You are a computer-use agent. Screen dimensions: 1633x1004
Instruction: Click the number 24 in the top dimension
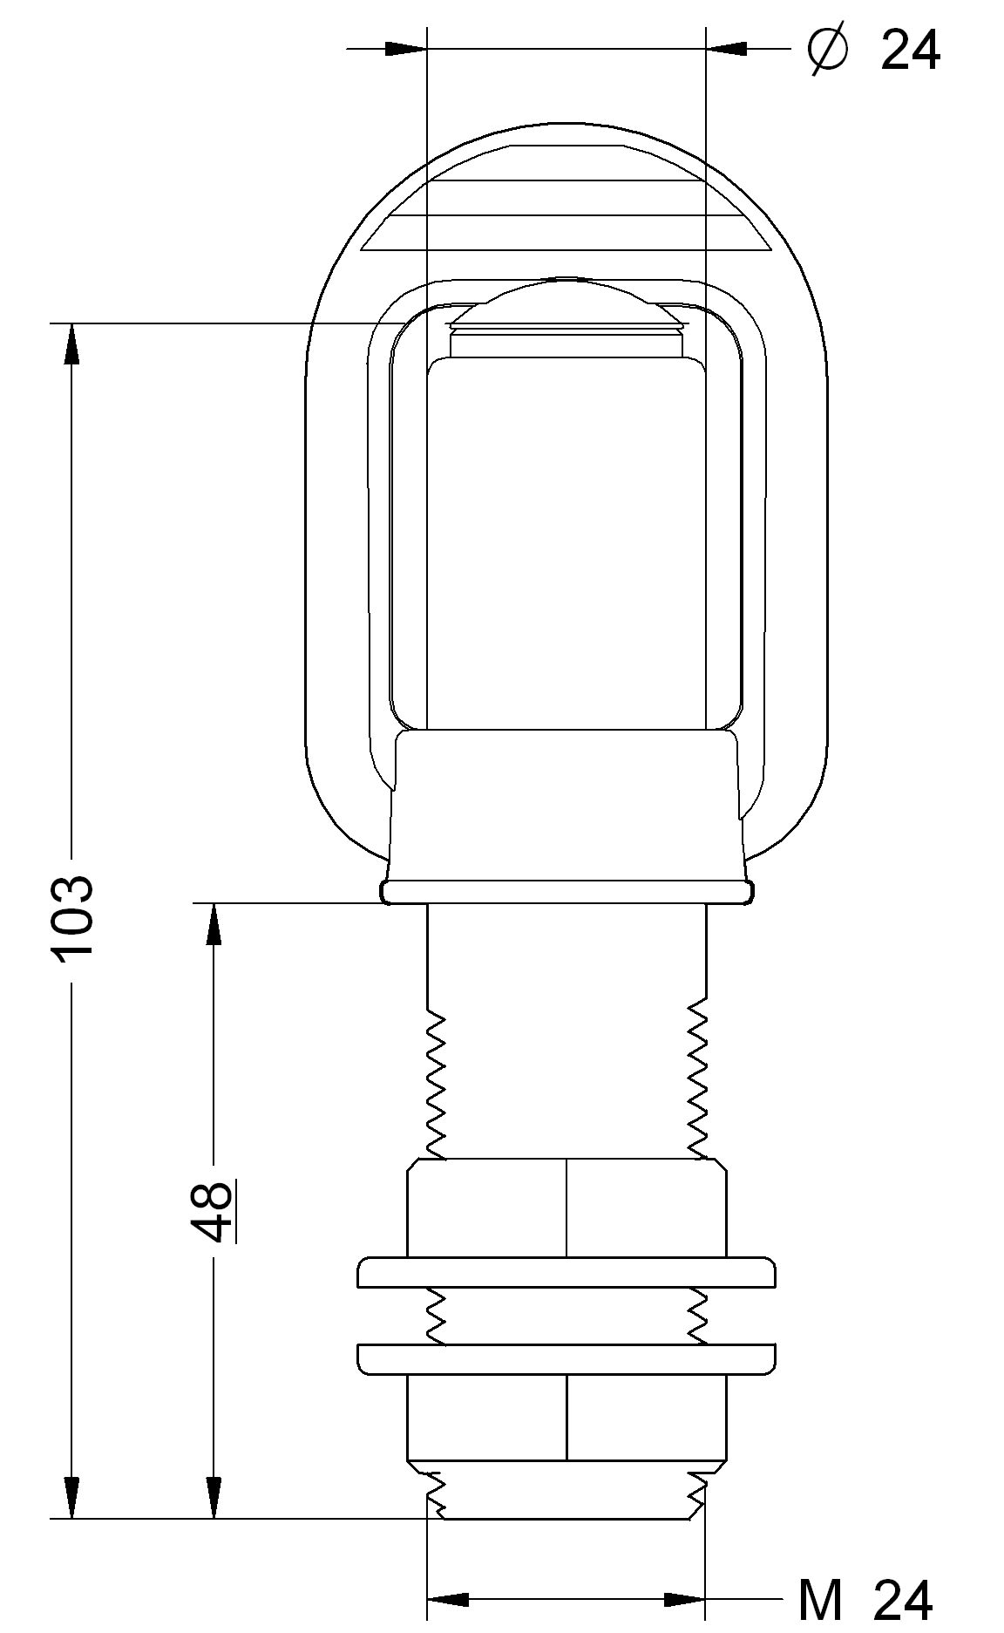pyautogui.click(x=910, y=51)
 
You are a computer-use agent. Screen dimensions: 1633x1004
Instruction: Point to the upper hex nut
pyautogui.click(x=566, y=1208)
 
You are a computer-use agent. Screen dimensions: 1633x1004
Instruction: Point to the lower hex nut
pyautogui.click(x=566, y=1417)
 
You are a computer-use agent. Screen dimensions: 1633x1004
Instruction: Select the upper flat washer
pyautogui.click(x=566, y=1272)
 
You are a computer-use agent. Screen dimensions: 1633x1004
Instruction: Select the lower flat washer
pyautogui.click(x=566, y=1359)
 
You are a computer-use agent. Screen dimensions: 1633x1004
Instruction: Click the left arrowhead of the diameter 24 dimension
pyautogui.click(x=406, y=49)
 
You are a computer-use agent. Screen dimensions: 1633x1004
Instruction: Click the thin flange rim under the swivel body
pyautogui.click(x=566, y=892)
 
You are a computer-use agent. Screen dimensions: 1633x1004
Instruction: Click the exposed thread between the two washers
pyautogui.click(x=566, y=1316)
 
